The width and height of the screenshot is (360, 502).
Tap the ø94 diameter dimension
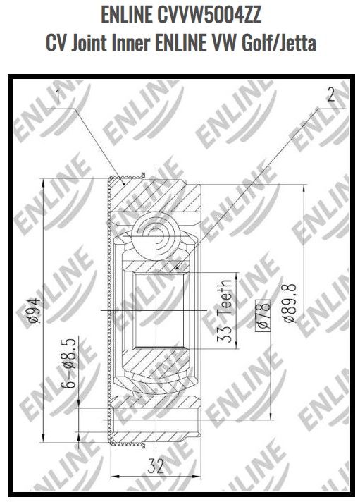pyautogui.click(x=35, y=310)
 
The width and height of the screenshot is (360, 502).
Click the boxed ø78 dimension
pyautogui.click(x=266, y=314)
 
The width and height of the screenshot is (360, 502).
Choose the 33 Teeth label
pyautogui.click(x=225, y=317)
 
